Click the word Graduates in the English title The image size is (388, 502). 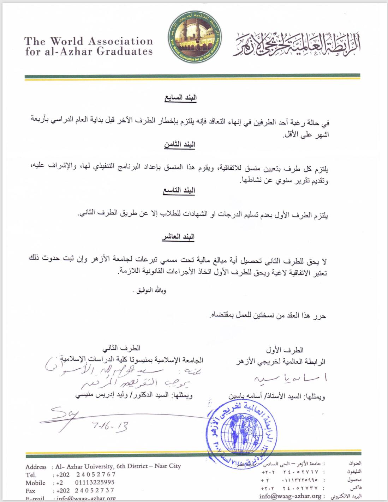click(124, 52)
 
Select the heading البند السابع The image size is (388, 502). click(180, 98)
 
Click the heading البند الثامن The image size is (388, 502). click(179, 144)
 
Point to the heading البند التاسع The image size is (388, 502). click(179, 190)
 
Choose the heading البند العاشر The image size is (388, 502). click(178, 237)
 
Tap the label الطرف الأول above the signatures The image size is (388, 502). click(285, 350)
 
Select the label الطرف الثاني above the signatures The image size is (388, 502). click(121, 349)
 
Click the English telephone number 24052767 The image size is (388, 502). click(96, 474)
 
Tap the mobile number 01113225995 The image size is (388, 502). click(95, 482)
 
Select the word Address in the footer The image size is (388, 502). click(36, 467)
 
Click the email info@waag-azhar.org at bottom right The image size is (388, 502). click(290, 496)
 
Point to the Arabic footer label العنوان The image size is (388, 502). click(355, 463)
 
